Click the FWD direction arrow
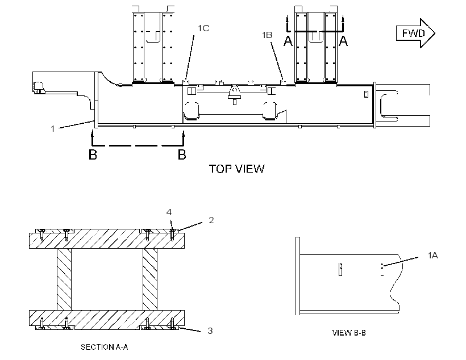coord(415,34)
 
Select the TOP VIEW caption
coord(237,169)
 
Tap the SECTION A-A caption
coord(105,347)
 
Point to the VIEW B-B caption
coord(349,333)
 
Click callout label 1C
coord(203,28)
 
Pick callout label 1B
coord(267,35)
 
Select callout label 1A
coord(432,255)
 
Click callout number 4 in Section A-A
coord(169,212)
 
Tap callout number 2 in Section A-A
coord(211,220)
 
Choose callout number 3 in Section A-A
coord(210,331)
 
